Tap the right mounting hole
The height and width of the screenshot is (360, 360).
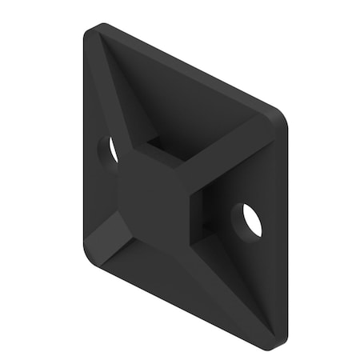[x=250, y=219]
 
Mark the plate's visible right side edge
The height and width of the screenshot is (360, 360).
[x=282, y=232]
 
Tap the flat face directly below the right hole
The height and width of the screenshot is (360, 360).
[x=252, y=272]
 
